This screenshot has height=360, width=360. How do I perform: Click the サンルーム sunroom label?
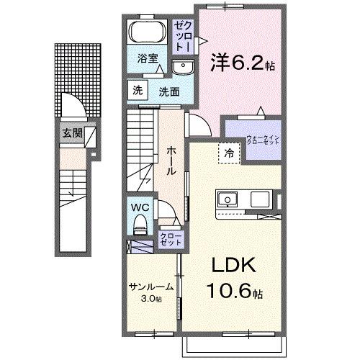pos(151,286)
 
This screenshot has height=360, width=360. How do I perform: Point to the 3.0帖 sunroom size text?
pos(152,297)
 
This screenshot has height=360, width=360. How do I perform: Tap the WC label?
pos(139,206)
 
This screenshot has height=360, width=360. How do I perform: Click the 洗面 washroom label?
pos(168,91)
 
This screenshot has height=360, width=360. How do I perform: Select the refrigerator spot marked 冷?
pos(228,152)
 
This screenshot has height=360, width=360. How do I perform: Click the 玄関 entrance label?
pos(71,133)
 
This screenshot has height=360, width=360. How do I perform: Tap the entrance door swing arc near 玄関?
pos(73,106)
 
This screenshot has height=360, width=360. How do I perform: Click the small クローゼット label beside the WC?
pos(170,238)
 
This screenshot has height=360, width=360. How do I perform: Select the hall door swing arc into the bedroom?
pos(199,124)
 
